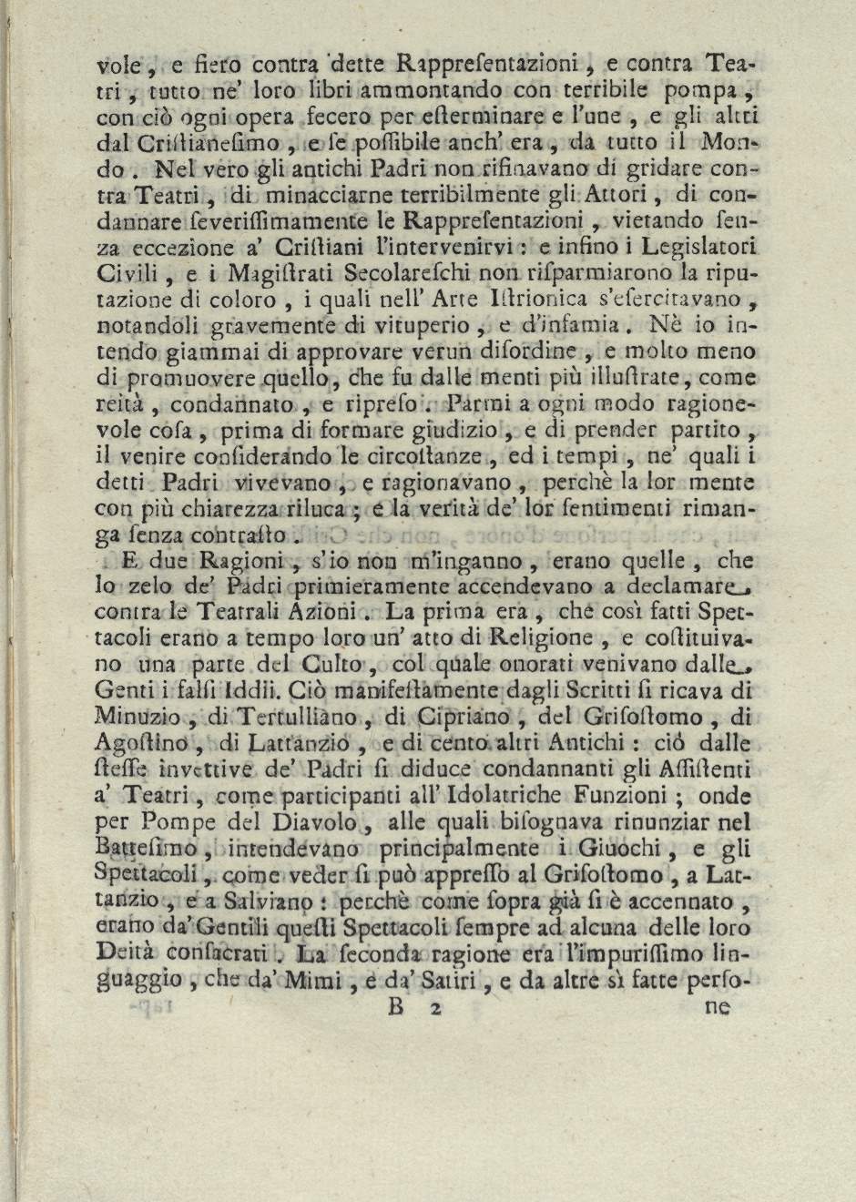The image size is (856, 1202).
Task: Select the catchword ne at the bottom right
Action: coord(717,1007)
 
